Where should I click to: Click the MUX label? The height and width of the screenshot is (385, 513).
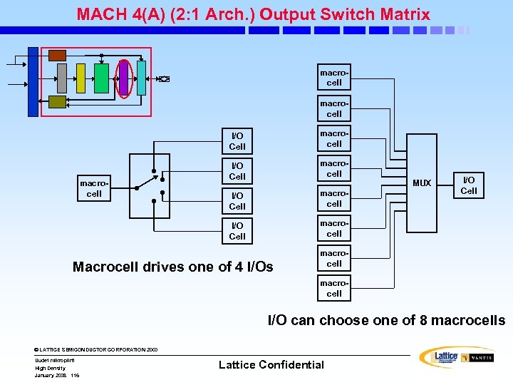[x=422, y=183]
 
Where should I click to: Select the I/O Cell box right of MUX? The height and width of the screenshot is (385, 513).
[x=469, y=185]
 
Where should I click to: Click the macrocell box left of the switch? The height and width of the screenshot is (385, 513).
[x=94, y=189]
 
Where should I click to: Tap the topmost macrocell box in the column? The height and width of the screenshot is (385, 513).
[x=334, y=78]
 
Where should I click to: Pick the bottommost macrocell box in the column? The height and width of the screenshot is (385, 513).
[x=334, y=289]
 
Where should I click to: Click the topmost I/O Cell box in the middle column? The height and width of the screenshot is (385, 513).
[x=237, y=141]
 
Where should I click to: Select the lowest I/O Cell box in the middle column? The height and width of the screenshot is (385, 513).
[x=237, y=231]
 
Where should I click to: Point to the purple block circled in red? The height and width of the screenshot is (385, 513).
[x=123, y=78]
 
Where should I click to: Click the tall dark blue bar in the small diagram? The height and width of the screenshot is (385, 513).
[x=33, y=81]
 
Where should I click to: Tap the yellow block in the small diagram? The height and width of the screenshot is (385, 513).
[x=81, y=78]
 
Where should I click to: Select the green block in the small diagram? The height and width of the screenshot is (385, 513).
[x=101, y=78]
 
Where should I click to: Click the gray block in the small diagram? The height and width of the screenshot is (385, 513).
[x=62, y=78]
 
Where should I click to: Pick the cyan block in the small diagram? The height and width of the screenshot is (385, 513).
[x=141, y=78]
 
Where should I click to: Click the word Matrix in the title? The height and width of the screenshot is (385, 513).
[x=404, y=14]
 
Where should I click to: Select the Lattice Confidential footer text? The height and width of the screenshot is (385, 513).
[x=271, y=365]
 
